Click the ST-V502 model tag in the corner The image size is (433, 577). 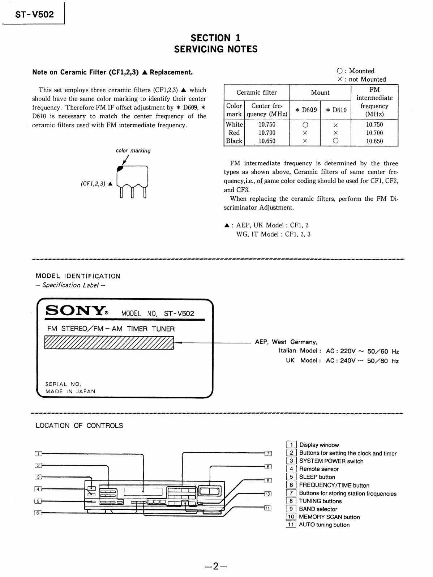click(x=34, y=14)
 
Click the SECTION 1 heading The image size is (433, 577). click(x=215, y=38)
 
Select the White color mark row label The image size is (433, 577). click(x=234, y=124)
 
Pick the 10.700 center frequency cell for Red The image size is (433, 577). click(x=267, y=133)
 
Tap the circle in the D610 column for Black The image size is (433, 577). click(x=335, y=141)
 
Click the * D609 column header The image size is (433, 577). click(x=305, y=110)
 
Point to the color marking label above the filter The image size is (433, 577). click(x=133, y=150)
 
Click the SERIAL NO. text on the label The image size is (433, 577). click(x=63, y=384)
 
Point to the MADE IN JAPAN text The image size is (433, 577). click(x=70, y=391)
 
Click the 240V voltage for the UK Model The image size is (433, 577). click(x=348, y=361)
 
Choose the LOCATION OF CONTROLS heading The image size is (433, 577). click(x=79, y=426)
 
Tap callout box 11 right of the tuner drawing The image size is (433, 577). click(x=267, y=508)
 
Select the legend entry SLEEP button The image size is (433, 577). click(x=317, y=477)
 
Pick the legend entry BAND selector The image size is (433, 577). click(x=318, y=509)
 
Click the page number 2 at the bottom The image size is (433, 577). click(x=216, y=566)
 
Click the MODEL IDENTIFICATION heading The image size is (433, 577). click(x=78, y=276)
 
